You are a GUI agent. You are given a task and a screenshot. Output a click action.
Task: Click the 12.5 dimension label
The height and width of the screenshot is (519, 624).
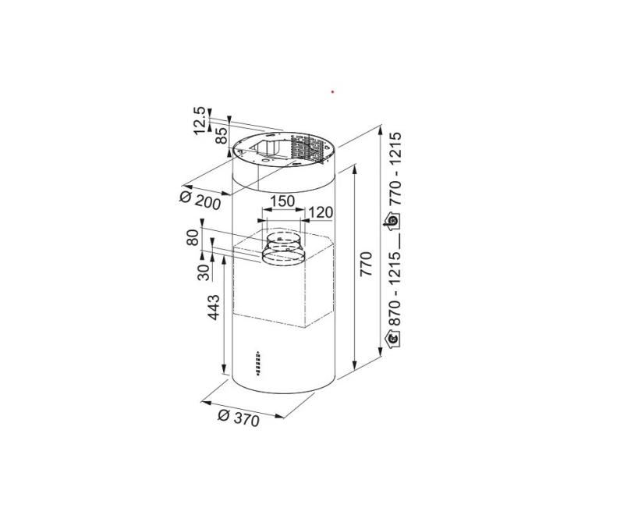200,121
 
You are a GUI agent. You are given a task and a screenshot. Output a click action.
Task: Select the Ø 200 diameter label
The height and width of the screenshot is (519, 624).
200,200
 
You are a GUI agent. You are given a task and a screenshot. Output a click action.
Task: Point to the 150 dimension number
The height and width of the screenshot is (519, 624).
282,201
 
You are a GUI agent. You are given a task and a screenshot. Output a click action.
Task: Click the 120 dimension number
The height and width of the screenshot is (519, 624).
320,212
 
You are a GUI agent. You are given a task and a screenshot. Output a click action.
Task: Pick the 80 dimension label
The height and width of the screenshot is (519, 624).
193,237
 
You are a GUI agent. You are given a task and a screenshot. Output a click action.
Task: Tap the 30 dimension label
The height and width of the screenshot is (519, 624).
204,272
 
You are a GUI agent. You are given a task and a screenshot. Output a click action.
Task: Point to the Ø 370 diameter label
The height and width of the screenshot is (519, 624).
238,418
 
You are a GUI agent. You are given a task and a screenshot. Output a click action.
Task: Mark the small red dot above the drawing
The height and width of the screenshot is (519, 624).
333,92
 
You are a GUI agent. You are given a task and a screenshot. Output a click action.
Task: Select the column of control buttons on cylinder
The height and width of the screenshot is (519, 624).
257,362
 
